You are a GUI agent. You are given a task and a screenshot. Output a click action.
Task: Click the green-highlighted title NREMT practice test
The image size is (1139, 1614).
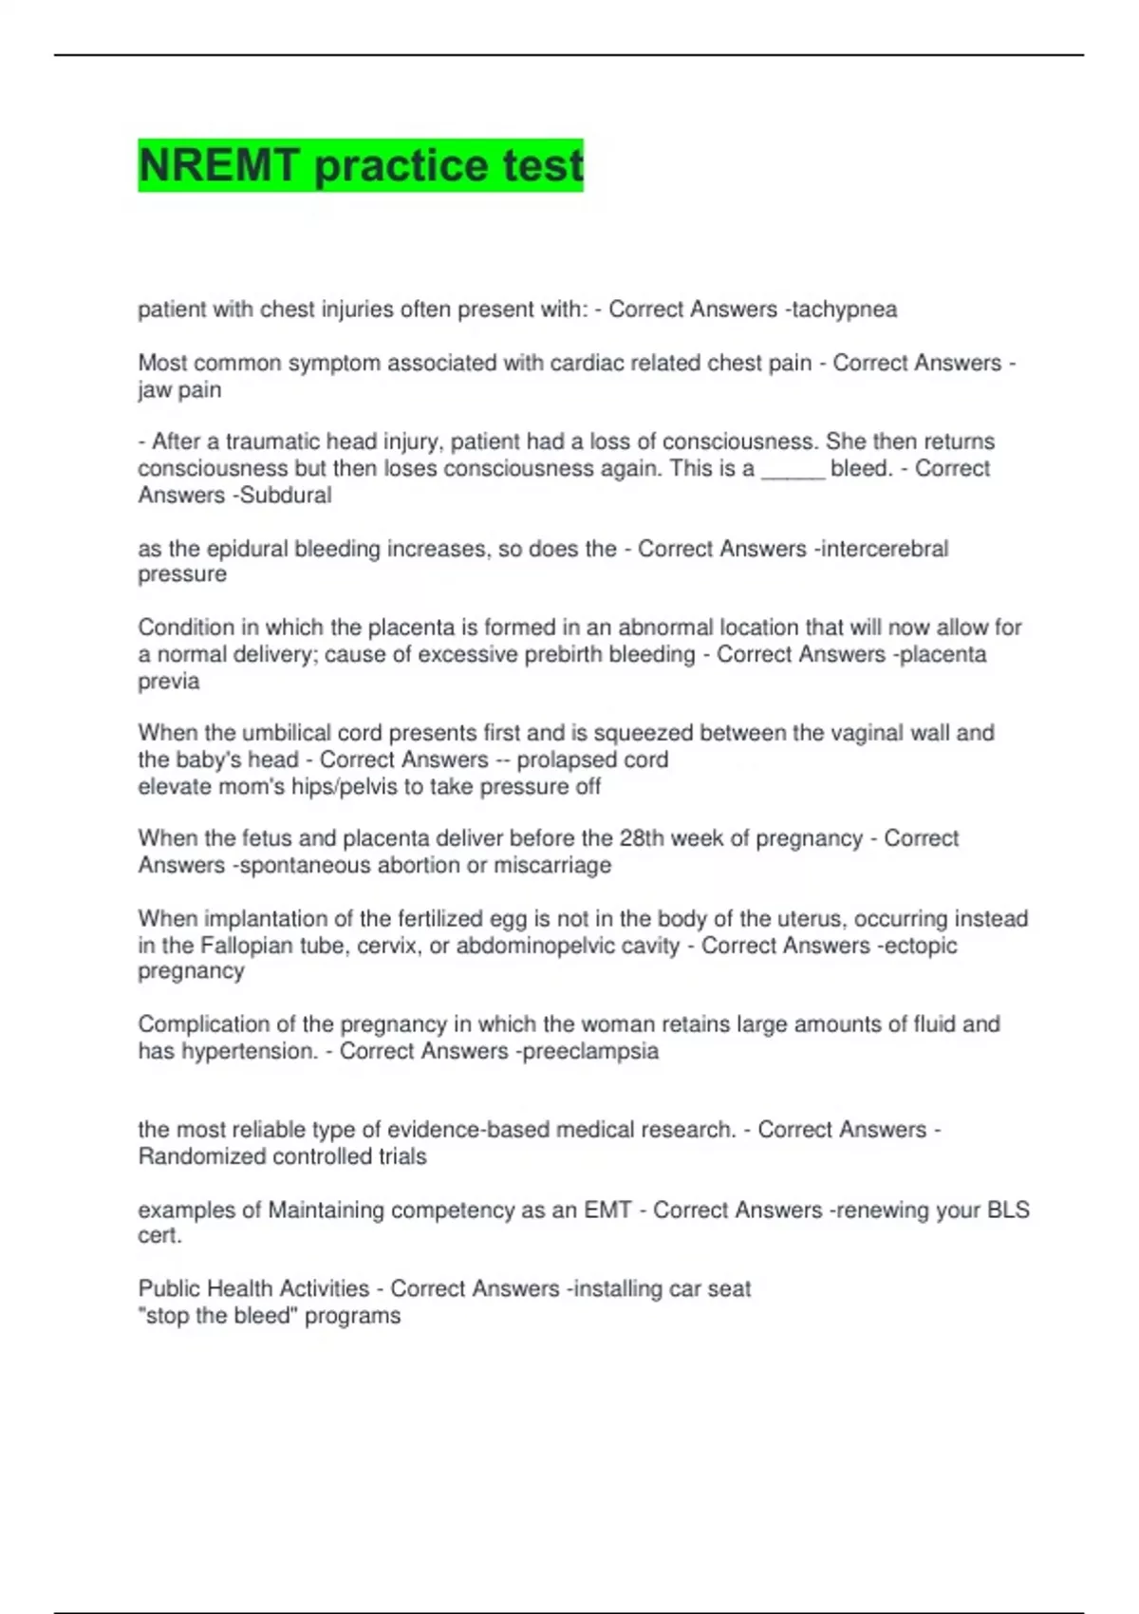pyautogui.click(x=360, y=165)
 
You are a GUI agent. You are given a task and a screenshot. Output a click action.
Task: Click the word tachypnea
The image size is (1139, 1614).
pyautogui.click(x=844, y=310)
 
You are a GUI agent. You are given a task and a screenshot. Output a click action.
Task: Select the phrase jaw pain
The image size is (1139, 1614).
pyautogui.click(x=179, y=389)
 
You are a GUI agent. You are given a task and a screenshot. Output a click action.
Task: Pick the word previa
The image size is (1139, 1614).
pyautogui.click(x=169, y=681)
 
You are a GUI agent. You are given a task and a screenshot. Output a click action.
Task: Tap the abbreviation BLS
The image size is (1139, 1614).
pyautogui.click(x=1008, y=1210)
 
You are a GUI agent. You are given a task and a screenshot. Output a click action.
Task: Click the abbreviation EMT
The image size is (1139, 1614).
pyautogui.click(x=607, y=1210)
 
